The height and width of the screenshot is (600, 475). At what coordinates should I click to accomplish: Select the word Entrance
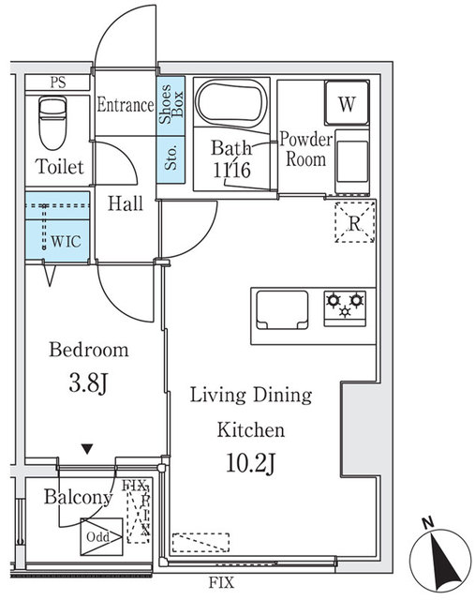point(125,105)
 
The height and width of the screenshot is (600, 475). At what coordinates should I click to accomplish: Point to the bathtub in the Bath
point(230,104)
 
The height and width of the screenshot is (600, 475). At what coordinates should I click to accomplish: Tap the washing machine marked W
point(347,105)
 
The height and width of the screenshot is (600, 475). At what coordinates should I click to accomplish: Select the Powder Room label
point(306,150)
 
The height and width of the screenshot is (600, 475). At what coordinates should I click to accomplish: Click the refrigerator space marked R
point(354,223)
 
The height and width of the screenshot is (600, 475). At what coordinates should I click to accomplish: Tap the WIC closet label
point(66,240)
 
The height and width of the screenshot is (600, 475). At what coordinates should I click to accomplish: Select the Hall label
point(125,203)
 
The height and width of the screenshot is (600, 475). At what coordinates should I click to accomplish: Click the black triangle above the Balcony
point(87,449)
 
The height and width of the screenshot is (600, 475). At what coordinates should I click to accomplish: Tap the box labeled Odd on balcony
point(98,536)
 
